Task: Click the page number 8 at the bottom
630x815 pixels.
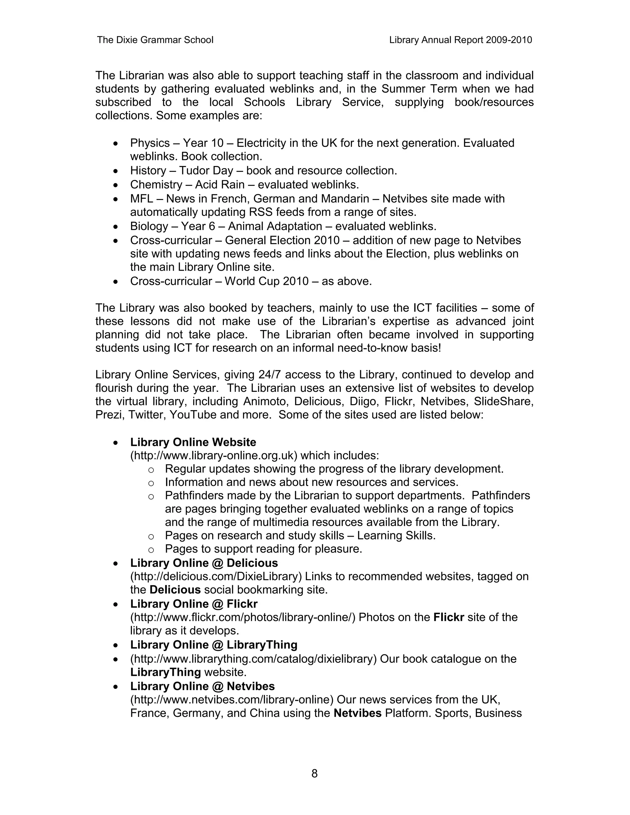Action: click(314, 773)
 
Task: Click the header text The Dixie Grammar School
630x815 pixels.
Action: click(155, 40)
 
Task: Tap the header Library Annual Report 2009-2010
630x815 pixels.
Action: click(460, 40)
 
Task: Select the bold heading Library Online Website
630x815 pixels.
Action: click(193, 442)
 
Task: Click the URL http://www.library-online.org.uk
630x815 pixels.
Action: click(215, 456)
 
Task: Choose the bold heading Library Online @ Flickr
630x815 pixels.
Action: click(194, 604)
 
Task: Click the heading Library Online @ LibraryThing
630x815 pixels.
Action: click(213, 645)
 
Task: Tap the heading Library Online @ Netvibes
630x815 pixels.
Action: click(202, 686)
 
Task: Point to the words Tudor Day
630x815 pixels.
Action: click(206, 171)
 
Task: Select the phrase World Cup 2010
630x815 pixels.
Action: click(266, 281)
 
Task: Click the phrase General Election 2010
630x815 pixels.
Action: click(282, 240)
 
